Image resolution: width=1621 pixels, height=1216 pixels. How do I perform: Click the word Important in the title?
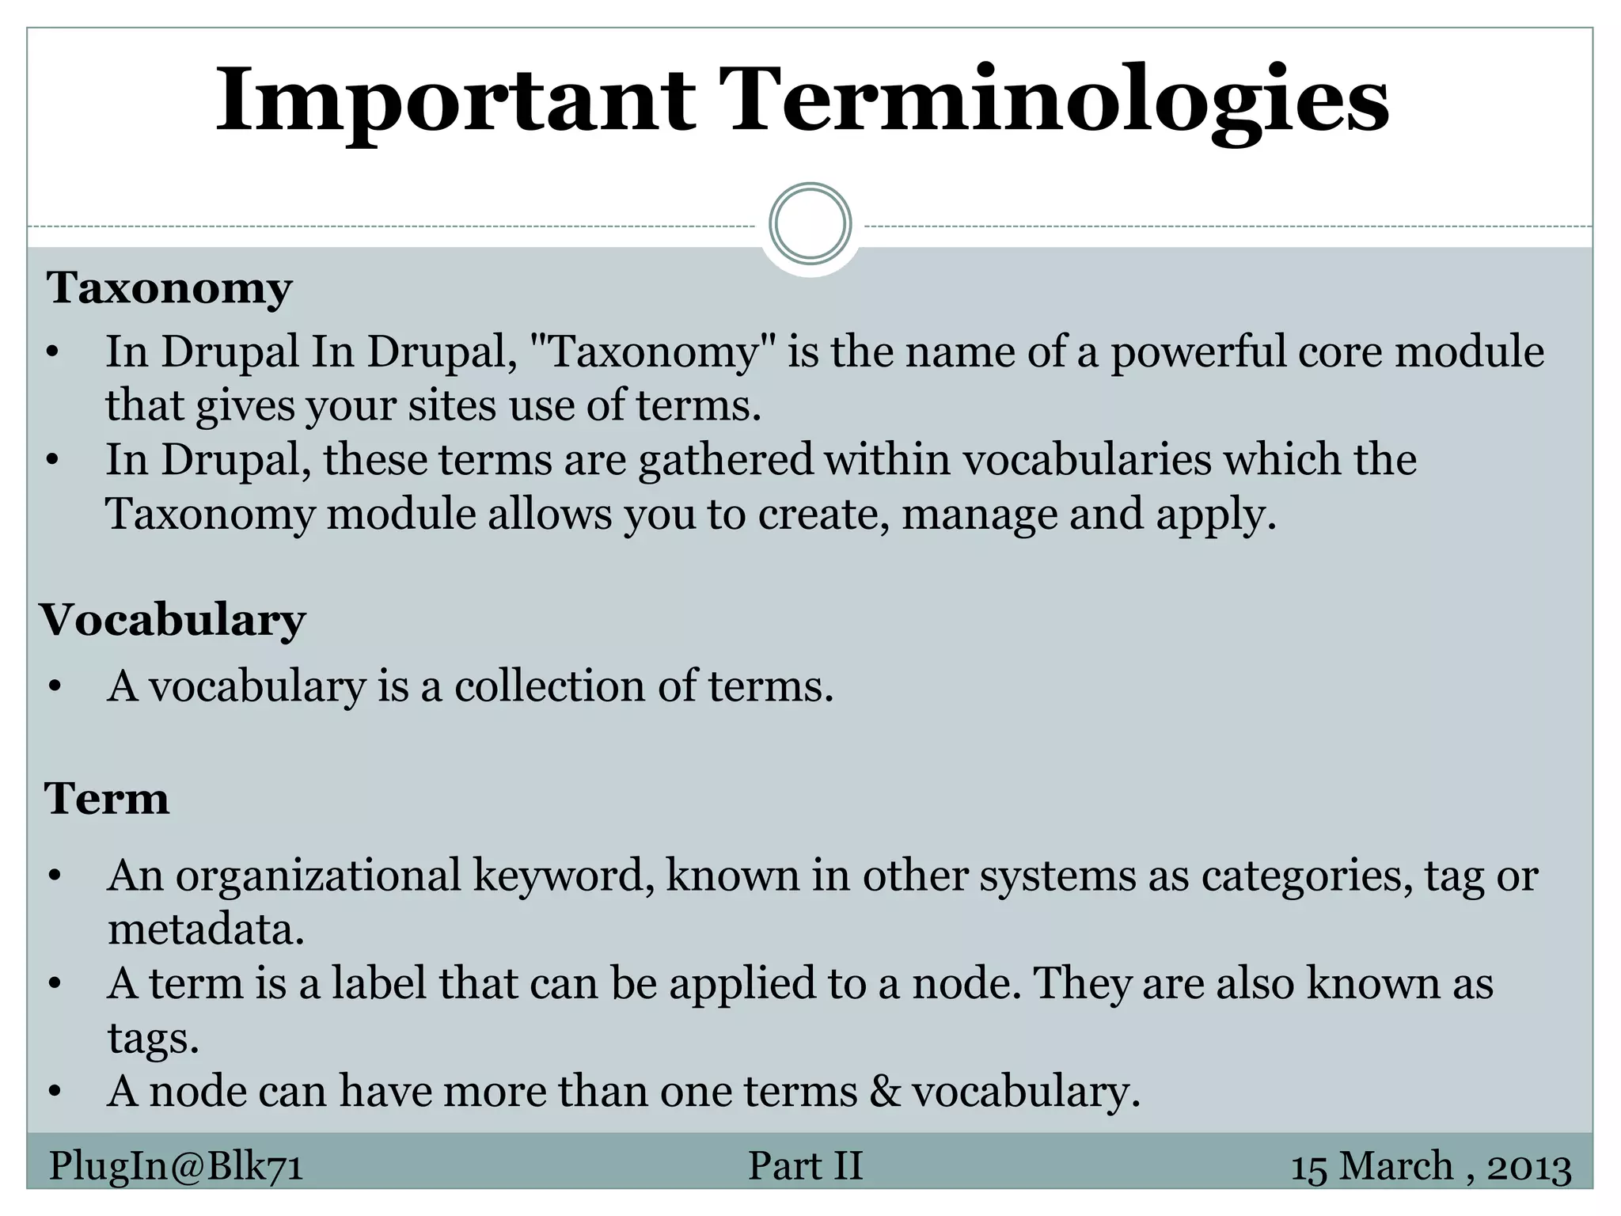[455, 101]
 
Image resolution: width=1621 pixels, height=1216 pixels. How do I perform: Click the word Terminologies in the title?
[1057, 101]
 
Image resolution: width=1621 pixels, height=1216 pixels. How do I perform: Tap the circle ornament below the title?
[810, 224]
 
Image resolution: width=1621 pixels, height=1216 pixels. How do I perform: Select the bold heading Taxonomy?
[169, 287]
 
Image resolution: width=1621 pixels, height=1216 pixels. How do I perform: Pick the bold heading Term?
[107, 798]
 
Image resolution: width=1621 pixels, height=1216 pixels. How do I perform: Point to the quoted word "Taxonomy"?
[653, 351]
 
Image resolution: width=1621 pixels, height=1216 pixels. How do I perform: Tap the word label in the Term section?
[379, 983]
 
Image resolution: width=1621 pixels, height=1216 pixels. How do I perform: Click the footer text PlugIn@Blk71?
[177, 1166]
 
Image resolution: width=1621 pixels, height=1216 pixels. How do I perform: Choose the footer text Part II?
[805, 1166]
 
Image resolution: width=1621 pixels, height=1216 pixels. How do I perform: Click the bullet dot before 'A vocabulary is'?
[54, 687]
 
